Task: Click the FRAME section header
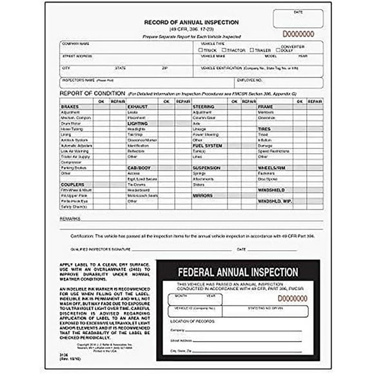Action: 266,106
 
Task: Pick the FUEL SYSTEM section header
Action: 206,145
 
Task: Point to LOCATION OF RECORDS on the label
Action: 188,320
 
